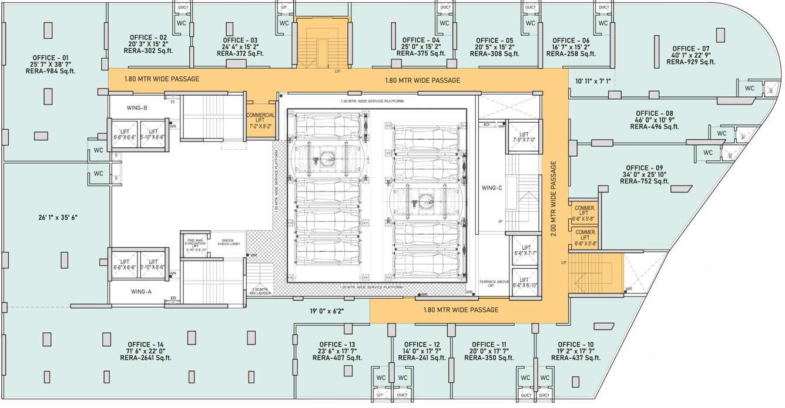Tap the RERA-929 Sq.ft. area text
pyautogui.click(x=691, y=62)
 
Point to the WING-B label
pyautogui.click(x=137, y=108)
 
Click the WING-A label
pyautogui.click(x=141, y=292)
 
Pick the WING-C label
pyautogui.click(x=491, y=188)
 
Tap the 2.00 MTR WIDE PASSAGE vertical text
pyautogui.click(x=553, y=199)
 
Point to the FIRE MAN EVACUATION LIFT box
pyautogui.click(x=196, y=244)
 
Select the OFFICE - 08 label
pyautogui.click(x=654, y=113)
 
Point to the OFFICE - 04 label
pyautogui.click(x=421, y=40)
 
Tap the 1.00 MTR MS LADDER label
pyautogui.click(x=260, y=291)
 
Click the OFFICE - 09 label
pyautogui.click(x=645, y=168)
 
